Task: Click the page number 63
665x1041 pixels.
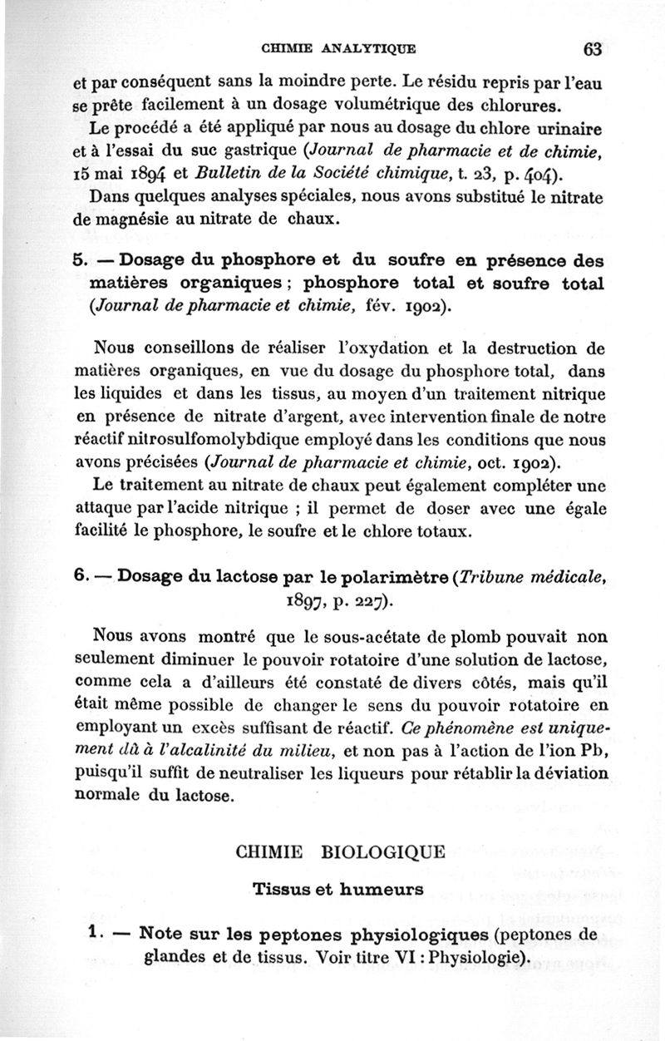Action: [x=592, y=47]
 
